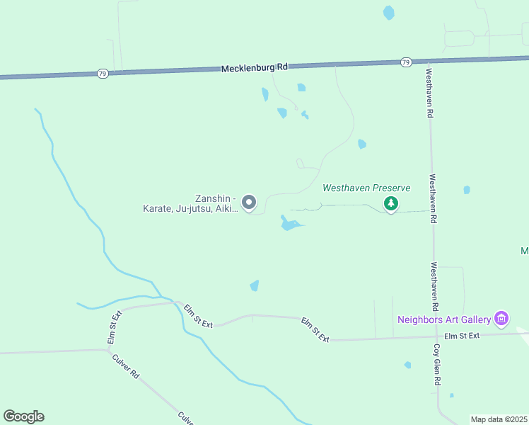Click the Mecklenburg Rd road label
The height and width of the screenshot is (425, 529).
255,68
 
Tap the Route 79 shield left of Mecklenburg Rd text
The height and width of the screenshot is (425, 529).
103,73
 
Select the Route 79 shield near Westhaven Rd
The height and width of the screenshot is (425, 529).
405,62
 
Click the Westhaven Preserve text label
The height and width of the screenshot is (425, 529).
366,188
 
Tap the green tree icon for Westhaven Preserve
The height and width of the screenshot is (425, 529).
391,204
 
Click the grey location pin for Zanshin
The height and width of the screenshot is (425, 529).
249,203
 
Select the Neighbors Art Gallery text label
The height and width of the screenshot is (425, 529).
444,319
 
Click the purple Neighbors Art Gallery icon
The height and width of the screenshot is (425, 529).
501,319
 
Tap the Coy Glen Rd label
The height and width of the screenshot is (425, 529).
438,365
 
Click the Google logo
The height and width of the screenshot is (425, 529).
23,416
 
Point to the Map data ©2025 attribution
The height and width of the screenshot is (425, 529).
499,419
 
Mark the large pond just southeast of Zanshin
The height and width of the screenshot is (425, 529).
289,225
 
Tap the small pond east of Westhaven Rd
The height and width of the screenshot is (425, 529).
467,190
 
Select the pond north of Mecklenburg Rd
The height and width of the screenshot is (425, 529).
388,12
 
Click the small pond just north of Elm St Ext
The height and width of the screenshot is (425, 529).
255,285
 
